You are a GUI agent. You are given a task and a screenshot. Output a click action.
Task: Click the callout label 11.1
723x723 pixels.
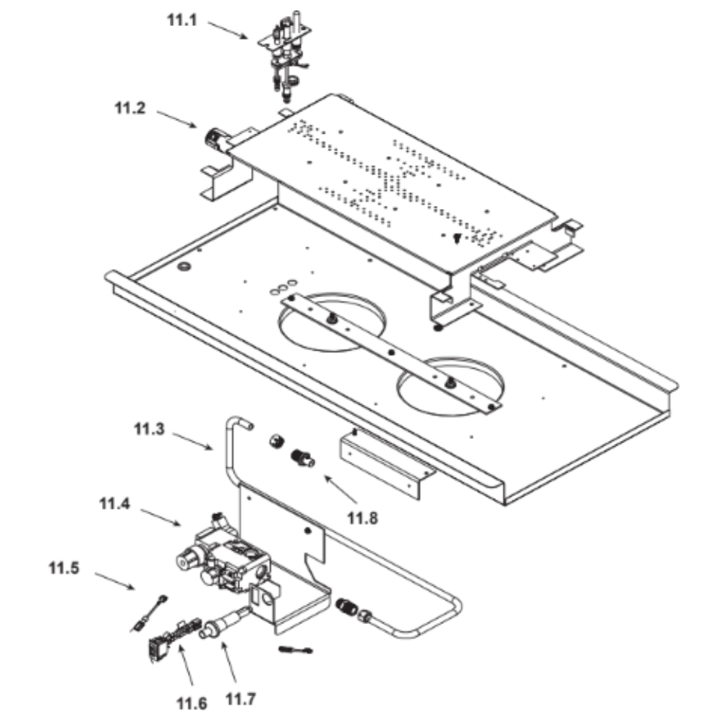[x=181, y=20]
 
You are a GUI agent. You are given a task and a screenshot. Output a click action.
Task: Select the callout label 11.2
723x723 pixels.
[x=130, y=108]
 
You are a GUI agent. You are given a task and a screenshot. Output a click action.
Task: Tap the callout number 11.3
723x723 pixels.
[x=149, y=429]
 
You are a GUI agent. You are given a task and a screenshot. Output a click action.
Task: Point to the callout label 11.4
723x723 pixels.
[x=114, y=503]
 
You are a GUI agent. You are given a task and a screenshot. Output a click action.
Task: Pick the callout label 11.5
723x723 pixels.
[x=64, y=568]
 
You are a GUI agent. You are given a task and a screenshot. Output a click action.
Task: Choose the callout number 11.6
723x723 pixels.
[x=192, y=703]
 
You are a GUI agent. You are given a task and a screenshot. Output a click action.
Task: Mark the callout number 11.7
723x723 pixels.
[x=240, y=699]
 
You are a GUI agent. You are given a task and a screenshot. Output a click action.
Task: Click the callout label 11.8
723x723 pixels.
[x=362, y=518]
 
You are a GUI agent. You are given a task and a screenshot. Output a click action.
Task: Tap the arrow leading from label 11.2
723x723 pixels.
[x=176, y=119]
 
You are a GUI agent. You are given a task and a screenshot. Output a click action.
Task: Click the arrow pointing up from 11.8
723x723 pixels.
[x=341, y=489]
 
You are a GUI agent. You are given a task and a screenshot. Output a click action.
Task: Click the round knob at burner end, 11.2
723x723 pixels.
[x=213, y=139]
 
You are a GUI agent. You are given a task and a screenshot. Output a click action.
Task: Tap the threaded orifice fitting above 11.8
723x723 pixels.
[x=302, y=458]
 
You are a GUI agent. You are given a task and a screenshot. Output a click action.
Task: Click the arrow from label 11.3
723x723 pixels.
[x=193, y=440]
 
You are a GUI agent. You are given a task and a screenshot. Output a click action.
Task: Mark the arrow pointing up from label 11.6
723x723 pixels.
[x=186, y=665]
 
